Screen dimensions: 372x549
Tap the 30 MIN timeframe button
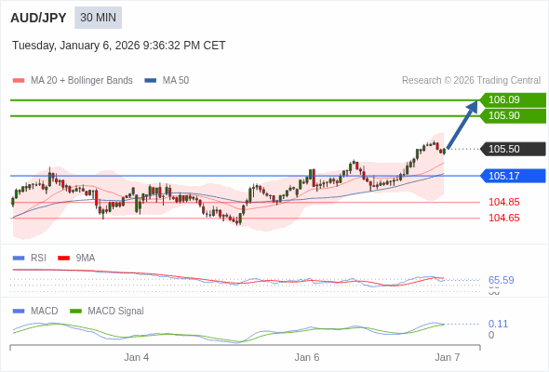click(98, 18)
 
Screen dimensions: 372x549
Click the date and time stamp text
click(118, 46)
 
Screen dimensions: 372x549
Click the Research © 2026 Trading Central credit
click(471, 81)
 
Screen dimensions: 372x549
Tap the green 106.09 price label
click(512, 100)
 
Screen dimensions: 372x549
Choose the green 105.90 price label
click(512, 115)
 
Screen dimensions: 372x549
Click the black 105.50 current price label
click(512, 149)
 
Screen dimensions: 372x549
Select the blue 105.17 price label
click(512, 176)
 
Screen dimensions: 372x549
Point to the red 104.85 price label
click(503, 202)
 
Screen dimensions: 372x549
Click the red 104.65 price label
click(503, 218)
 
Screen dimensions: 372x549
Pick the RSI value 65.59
click(501, 280)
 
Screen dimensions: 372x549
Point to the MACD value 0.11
click(498, 324)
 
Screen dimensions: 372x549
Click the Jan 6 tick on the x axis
click(307, 357)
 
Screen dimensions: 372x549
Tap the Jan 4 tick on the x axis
click(137, 357)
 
